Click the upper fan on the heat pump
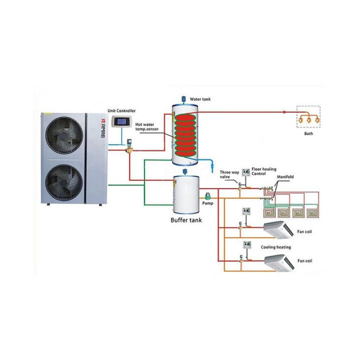point(63,138)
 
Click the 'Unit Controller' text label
point(121,110)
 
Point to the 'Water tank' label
point(200,99)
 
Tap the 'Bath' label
point(309,134)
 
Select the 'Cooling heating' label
point(275,247)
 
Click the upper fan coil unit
point(278,229)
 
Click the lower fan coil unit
point(278,262)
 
